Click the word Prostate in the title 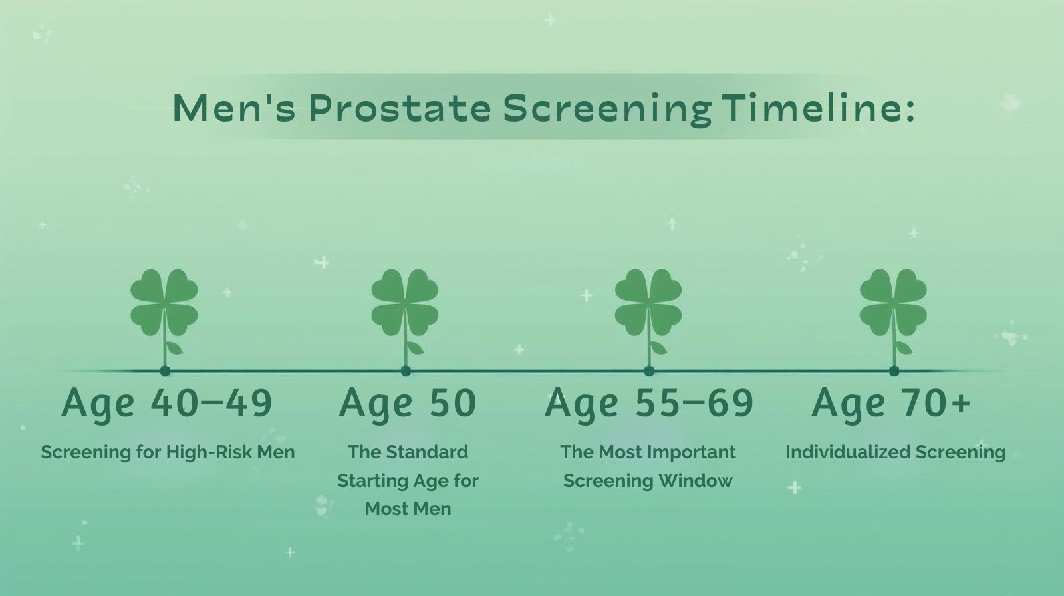tap(400, 108)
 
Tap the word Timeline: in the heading tap(817, 108)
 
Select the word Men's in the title tap(233, 108)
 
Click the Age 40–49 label tap(167, 403)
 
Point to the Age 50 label tap(408, 403)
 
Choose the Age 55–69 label tap(649, 403)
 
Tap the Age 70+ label tap(891, 403)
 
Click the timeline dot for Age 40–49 tap(165, 371)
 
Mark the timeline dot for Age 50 tap(406, 371)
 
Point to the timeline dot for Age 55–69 tap(649, 371)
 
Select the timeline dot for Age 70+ tap(894, 371)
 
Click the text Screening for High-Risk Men tap(168, 452)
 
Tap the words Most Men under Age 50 tap(408, 509)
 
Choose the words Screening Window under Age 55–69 tap(648, 481)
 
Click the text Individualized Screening tap(895, 452)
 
